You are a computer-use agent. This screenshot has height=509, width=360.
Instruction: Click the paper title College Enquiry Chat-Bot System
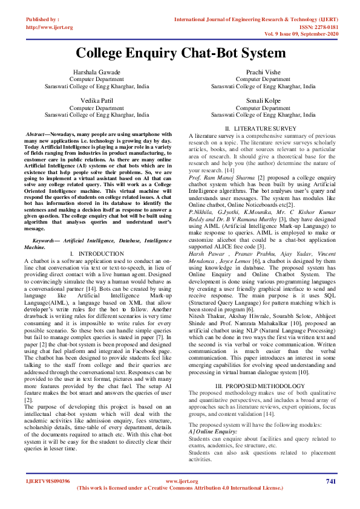(x=180, y=53)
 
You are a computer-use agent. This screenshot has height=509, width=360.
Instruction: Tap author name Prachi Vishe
(x=263, y=72)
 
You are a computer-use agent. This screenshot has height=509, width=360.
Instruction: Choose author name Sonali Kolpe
(x=263, y=100)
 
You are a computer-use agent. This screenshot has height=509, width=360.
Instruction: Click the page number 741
(x=330, y=481)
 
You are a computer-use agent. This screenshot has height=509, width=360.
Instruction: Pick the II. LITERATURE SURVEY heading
(x=261, y=129)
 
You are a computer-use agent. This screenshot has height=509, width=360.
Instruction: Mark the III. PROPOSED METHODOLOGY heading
(x=262, y=386)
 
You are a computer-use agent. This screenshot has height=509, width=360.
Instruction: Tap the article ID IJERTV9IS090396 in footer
(x=48, y=481)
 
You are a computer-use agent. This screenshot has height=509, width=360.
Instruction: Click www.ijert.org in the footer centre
(x=179, y=481)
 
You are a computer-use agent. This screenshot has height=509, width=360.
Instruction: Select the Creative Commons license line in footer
(x=180, y=487)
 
